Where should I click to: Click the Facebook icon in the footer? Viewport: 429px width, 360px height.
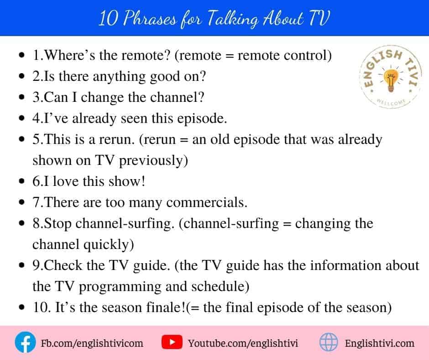25,342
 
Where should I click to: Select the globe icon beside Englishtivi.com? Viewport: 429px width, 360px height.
329,342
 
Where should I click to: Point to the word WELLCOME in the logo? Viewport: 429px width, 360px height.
391,102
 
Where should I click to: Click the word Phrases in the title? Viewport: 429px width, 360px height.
150,19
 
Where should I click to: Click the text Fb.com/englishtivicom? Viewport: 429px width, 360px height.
92,343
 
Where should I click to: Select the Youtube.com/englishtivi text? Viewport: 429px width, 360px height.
243,343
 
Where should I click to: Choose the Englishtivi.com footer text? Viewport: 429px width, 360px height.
379,343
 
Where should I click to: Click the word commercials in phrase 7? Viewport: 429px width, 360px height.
207,202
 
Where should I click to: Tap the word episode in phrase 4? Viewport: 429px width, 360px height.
202,119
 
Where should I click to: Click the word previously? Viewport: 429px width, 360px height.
153,161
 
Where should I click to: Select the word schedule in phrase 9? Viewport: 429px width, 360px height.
220,286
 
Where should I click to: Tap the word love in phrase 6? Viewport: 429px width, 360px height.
66,181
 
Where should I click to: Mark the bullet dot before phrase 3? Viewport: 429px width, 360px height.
22,97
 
